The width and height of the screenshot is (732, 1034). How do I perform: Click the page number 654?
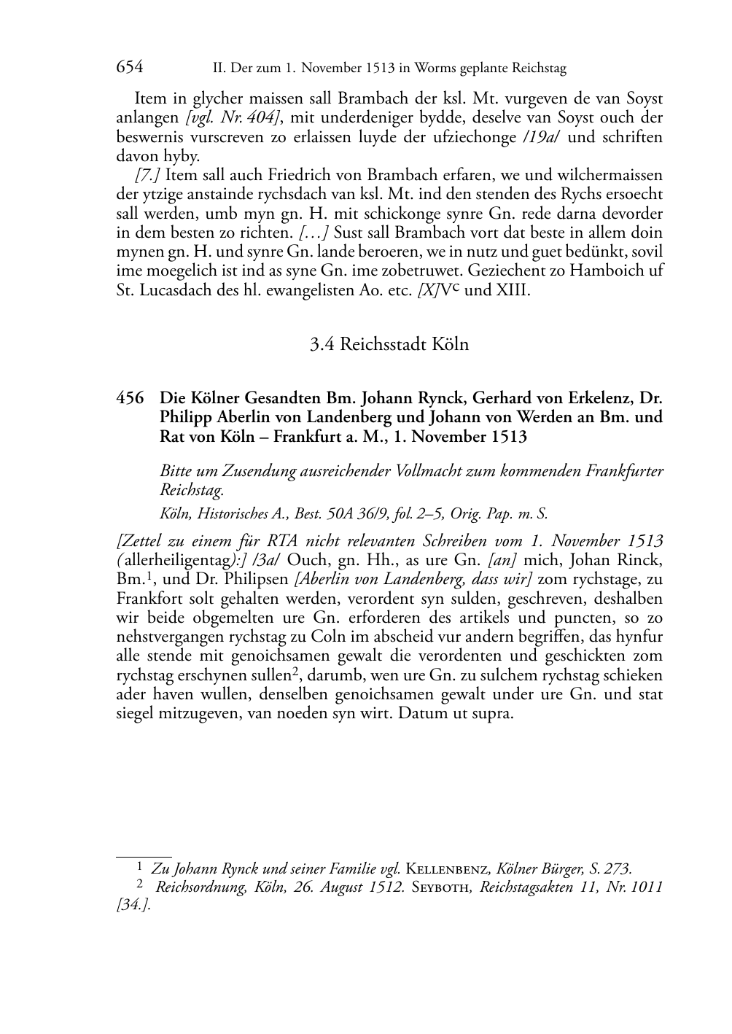[129, 68]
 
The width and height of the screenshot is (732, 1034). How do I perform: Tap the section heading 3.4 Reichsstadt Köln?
[389, 344]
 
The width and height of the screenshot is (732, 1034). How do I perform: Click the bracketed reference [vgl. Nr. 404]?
[233, 117]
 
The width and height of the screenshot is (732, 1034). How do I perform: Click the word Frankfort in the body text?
[148, 599]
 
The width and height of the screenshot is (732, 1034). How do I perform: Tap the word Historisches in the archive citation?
[227, 513]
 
